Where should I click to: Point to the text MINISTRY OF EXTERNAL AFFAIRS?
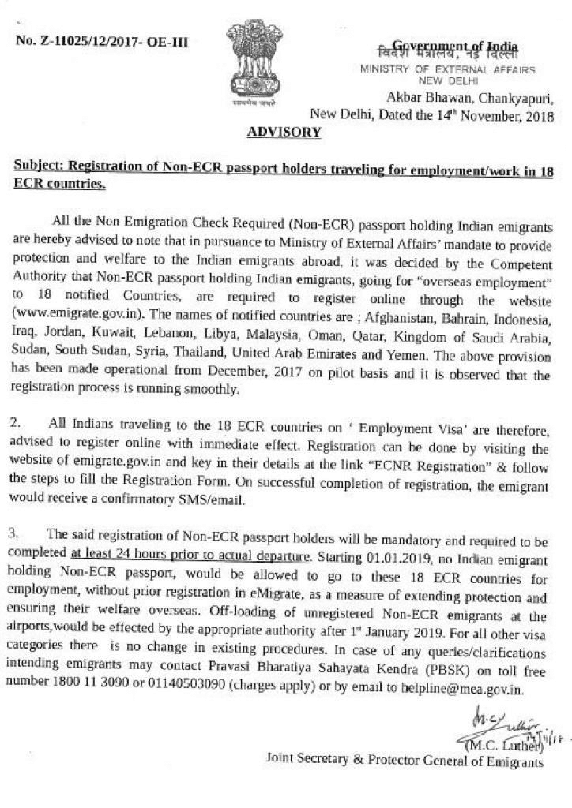tap(447, 70)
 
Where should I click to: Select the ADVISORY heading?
tap(284, 132)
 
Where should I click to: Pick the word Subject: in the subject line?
tap(39, 167)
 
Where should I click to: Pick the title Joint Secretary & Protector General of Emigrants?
tap(405, 762)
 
